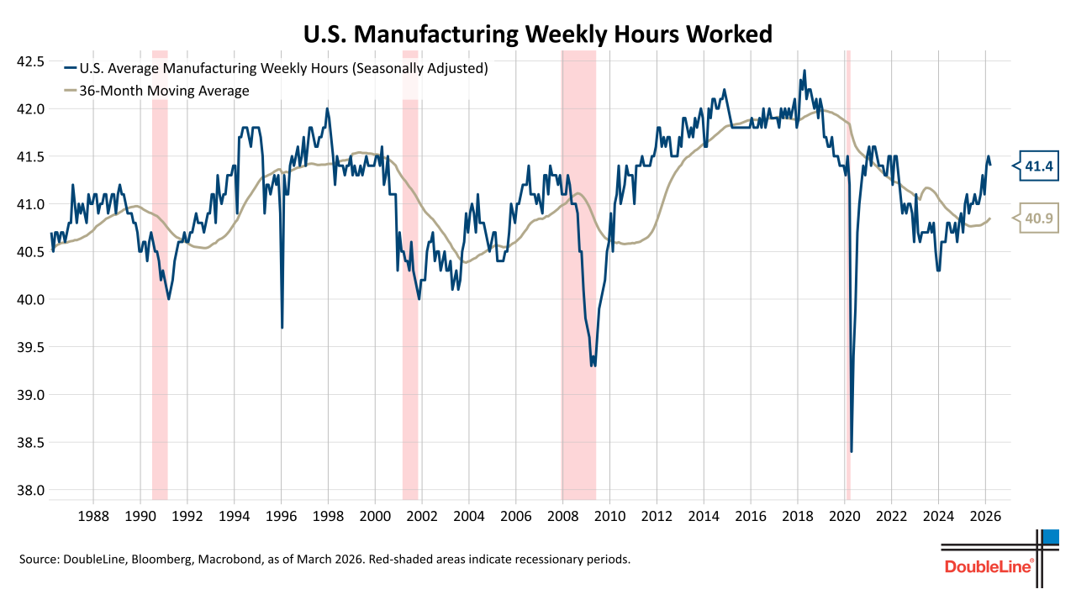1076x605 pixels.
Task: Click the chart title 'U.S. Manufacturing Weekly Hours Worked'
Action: click(537, 34)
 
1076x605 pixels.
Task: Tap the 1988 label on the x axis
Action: click(93, 514)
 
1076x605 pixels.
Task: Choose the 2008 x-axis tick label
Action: click(562, 514)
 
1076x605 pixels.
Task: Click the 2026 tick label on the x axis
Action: click(985, 514)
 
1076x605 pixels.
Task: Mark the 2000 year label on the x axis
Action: click(375, 514)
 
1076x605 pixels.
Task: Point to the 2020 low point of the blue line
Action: click(852, 451)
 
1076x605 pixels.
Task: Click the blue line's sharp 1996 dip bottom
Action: click(282, 327)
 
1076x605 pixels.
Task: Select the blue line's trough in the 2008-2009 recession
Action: click(593, 366)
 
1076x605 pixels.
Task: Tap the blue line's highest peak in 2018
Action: click(804, 71)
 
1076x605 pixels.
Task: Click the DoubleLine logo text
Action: click(989, 567)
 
